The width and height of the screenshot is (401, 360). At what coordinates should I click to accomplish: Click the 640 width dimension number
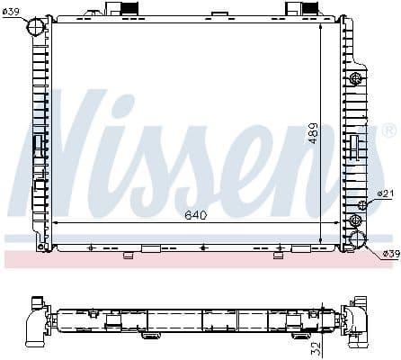tap(196, 215)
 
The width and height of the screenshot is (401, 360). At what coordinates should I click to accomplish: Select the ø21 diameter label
tap(385, 193)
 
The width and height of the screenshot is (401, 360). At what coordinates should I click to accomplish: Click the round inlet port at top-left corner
tap(37, 30)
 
